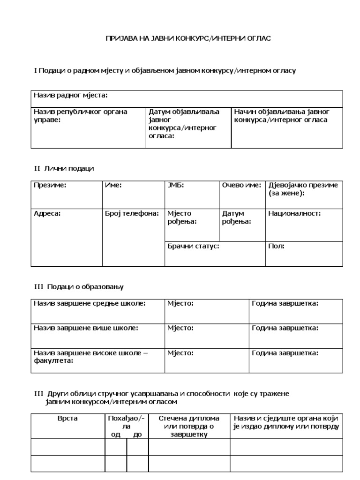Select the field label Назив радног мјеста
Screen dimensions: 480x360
coord(70,96)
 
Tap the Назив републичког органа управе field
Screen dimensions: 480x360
coord(80,116)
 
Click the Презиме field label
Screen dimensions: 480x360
coord(50,185)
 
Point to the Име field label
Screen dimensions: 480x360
coord(113,185)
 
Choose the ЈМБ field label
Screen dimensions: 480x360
coord(176,185)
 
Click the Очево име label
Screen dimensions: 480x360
coord(241,185)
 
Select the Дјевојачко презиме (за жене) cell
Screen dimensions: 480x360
coord(303,189)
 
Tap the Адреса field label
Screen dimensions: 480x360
coord(47,213)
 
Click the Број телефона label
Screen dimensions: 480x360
coord(132,213)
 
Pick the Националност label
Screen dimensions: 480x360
coord(294,213)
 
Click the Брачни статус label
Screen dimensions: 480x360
coord(193,246)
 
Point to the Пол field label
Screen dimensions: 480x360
coord(276,246)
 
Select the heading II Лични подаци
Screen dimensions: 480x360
coord(64,169)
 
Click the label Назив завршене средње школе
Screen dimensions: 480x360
coord(90,303)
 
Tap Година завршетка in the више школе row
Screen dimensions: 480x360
coord(285,328)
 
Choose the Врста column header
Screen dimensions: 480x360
coord(68,418)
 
